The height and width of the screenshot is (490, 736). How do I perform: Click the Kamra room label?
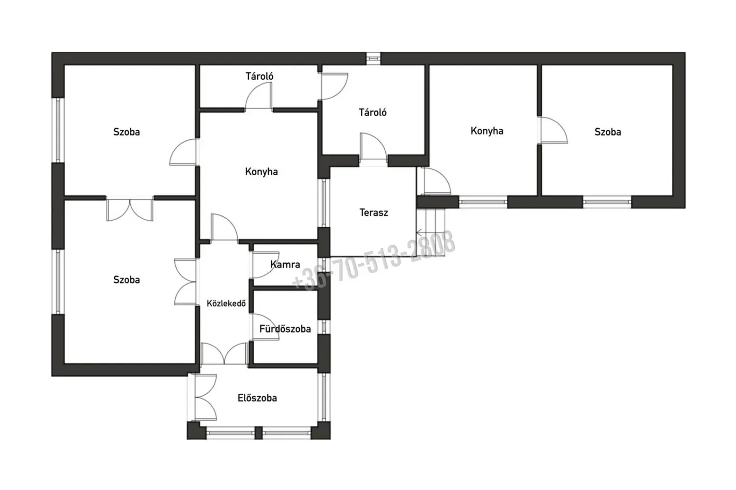tap(285, 265)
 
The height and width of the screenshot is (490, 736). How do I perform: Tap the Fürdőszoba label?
tap(285, 329)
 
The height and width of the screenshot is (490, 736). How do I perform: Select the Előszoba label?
tap(257, 398)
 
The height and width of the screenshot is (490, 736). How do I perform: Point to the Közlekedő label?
tap(226, 303)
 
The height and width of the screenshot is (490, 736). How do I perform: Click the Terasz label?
tap(374, 212)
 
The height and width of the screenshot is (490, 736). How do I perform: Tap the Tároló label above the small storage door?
tap(260, 76)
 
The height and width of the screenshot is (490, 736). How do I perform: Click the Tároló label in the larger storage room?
tap(373, 112)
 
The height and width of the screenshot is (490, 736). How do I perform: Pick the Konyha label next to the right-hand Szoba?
tap(487, 131)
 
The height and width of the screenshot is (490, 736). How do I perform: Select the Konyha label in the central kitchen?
tap(261, 172)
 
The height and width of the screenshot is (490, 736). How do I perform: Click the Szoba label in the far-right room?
tap(608, 132)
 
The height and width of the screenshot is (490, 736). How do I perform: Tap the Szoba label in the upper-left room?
tap(126, 132)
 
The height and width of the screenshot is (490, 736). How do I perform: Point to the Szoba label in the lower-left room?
tap(126, 279)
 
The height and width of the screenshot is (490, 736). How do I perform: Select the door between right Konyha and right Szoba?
tap(552, 130)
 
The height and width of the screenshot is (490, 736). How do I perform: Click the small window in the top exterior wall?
tap(373, 58)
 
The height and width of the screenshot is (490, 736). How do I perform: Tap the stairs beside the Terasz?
tap(431, 233)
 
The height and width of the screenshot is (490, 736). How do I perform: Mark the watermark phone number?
tap(374, 261)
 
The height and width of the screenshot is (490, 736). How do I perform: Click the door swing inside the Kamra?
tap(266, 264)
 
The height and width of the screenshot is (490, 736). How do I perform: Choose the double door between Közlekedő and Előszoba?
tap(224, 353)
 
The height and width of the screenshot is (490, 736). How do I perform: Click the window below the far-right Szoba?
tap(607, 202)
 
